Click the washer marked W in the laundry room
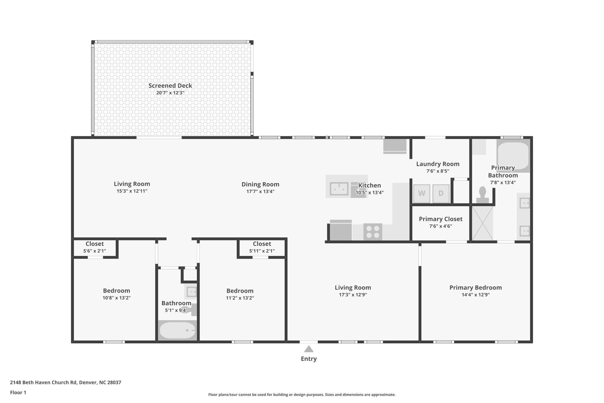[x=421, y=194]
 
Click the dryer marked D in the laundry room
[x=441, y=194]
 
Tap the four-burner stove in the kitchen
[x=372, y=232]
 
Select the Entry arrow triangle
[x=309, y=349]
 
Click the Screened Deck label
[x=170, y=86]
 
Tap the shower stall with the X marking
[x=482, y=223]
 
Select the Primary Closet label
[x=441, y=219]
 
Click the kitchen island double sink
[x=339, y=189]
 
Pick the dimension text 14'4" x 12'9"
[x=475, y=295]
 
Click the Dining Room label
[x=260, y=185]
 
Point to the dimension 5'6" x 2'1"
[x=95, y=251]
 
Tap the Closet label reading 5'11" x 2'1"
[x=262, y=244]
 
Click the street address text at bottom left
[x=65, y=383]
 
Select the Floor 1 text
[x=18, y=393]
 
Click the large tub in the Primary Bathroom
[x=513, y=156]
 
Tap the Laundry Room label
[x=438, y=164]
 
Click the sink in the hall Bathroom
[x=191, y=292]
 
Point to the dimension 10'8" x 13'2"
[x=116, y=298]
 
